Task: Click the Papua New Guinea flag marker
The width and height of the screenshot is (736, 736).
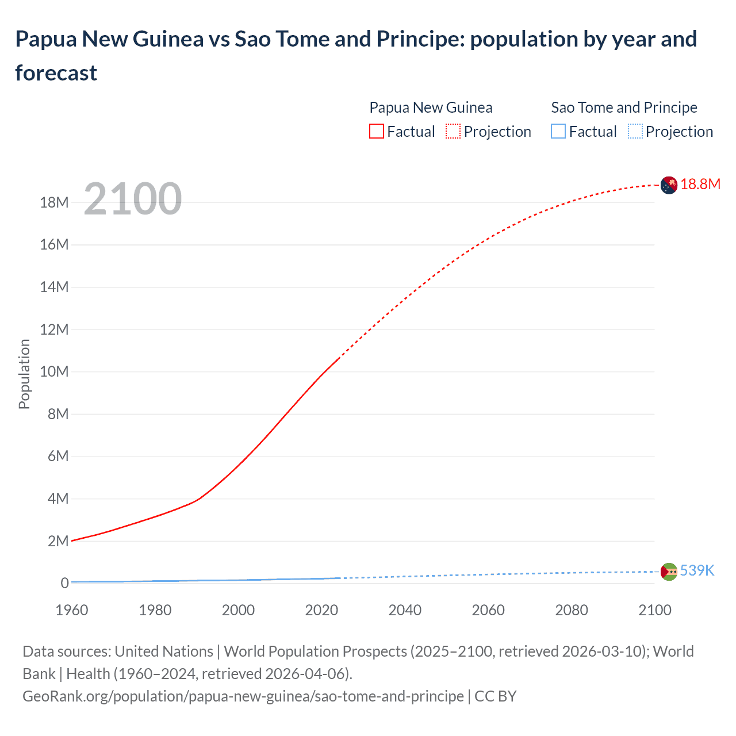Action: tap(668, 185)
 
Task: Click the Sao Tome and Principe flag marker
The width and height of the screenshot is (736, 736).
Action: tap(669, 572)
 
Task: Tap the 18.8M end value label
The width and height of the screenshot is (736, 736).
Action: tap(700, 184)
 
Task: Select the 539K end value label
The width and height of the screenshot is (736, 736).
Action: tap(697, 570)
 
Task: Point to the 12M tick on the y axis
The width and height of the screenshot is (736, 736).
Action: tap(55, 329)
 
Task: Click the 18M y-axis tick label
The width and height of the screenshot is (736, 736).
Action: tap(55, 202)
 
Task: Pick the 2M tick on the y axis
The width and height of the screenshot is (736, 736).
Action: tap(58, 541)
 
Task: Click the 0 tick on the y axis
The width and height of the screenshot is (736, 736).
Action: tap(64, 583)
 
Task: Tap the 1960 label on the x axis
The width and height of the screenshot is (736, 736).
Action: tap(72, 610)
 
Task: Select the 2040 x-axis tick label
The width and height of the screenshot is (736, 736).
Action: tap(405, 610)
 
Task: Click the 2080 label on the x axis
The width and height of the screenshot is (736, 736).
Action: tap(572, 610)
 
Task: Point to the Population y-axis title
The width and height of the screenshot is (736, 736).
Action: tap(24, 374)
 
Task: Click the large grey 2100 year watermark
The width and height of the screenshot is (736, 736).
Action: tap(133, 199)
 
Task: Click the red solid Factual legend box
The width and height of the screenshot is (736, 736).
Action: tap(377, 132)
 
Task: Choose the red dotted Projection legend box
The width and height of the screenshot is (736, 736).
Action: tap(453, 132)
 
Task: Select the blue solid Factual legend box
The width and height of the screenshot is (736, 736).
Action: tap(558, 132)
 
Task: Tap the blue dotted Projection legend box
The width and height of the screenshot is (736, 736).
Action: tap(635, 132)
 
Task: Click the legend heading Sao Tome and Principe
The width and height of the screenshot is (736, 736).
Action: tap(624, 108)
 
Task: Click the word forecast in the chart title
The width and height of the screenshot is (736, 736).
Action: tap(56, 73)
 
